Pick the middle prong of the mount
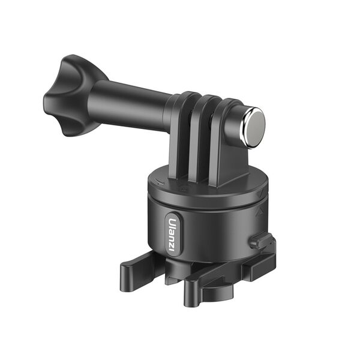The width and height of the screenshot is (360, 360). pos(206,135)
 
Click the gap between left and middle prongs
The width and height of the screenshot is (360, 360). pos(193,144)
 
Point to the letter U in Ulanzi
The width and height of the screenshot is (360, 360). pos(173,220)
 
